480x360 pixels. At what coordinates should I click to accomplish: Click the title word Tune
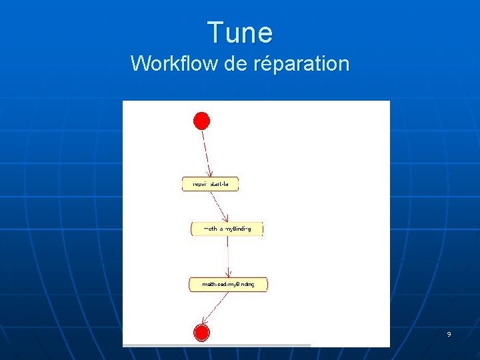pos(240,33)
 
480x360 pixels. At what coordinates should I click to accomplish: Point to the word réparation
pos(301,63)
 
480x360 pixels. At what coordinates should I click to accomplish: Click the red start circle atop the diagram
pos(201,121)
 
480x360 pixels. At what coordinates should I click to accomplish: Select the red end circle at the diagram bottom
pos(201,332)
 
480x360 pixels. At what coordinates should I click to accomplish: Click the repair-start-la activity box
pos(210,184)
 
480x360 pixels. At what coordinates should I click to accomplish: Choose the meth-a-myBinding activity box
pos(227,229)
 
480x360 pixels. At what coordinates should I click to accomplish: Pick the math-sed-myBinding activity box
pos(228,285)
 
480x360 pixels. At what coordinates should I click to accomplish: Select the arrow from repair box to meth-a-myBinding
pos(219,206)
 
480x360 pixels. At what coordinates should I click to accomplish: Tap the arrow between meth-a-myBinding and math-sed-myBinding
pos(229,256)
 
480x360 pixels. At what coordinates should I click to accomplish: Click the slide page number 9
pos(449,334)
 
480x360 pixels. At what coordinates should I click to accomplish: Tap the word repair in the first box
pos(199,184)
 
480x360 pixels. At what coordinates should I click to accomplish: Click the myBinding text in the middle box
pos(238,229)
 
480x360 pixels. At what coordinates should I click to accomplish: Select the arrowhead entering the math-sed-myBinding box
pos(229,273)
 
